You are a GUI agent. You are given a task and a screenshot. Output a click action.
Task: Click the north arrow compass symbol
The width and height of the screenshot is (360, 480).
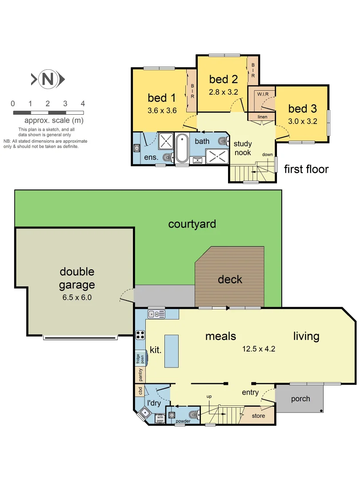click(x=48, y=80)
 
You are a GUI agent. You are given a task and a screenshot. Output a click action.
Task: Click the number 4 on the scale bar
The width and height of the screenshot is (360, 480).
click(x=83, y=104)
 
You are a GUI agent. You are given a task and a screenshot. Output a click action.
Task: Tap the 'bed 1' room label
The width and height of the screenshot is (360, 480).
click(x=161, y=98)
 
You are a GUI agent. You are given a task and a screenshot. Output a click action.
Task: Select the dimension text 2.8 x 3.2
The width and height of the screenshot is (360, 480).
click(x=224, y=92)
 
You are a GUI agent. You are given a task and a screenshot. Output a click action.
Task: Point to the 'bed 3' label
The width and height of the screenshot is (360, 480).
click(x=302, y=108)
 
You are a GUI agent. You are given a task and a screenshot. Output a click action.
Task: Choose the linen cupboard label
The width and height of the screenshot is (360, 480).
click(x=262, y=116)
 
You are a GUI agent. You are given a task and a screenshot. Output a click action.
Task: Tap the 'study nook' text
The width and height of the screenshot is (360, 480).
click(x=243, y=148)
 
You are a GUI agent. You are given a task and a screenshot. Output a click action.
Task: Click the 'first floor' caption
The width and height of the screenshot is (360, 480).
click(x=306, y=169)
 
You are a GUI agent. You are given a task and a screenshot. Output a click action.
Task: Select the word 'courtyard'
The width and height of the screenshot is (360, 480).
click(x=192, y=224)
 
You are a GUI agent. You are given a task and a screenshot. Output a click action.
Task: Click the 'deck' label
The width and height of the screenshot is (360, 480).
click(x=230, y=280)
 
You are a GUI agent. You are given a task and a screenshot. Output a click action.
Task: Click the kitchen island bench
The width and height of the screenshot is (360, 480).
click(x=171, y=351)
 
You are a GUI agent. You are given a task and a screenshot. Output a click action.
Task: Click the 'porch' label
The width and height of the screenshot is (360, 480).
click(x=300, y=399)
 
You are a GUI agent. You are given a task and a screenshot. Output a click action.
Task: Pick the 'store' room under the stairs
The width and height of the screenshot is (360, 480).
click(x=258, y=416)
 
